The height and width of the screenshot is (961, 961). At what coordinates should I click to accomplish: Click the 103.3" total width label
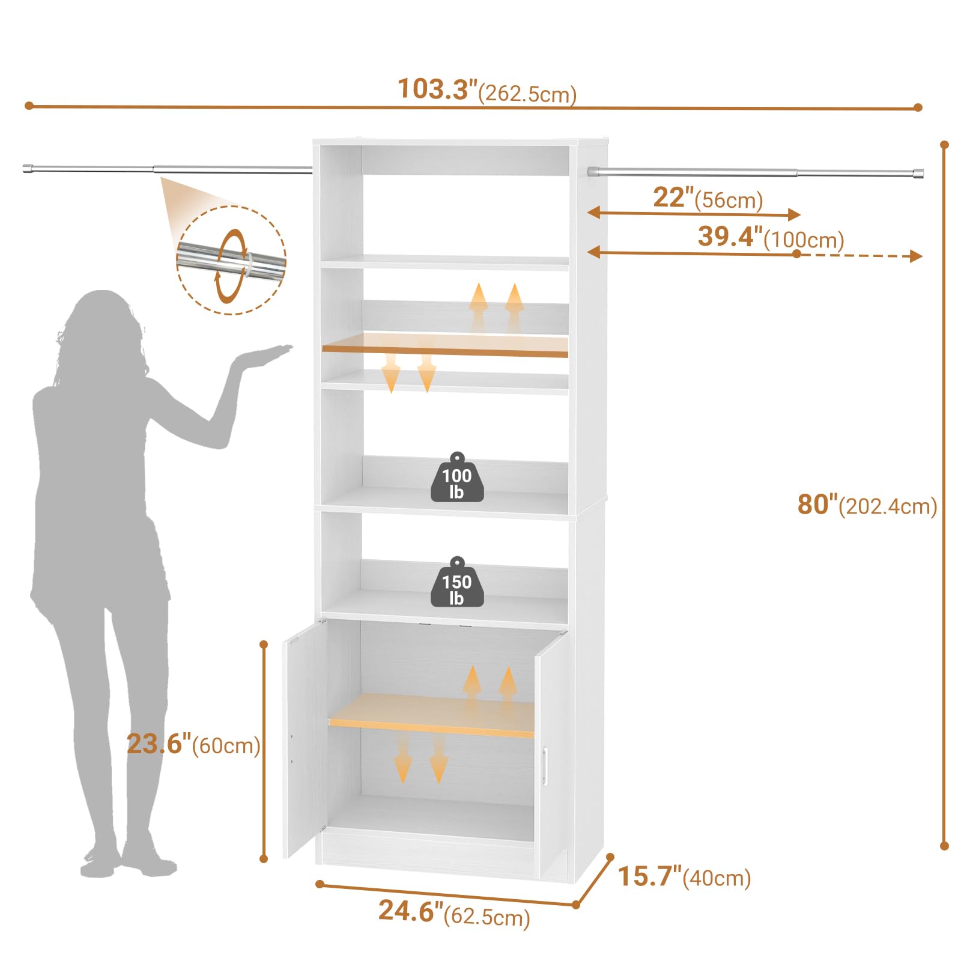click(487, 91)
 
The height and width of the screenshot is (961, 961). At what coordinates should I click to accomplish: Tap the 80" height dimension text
click(867, 505)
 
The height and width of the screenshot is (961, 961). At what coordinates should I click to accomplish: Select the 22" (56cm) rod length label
click(708, 198)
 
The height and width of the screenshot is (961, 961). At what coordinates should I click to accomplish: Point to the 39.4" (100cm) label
click(771, 237)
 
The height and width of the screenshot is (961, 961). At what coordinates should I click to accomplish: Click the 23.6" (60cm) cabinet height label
click(193, 744)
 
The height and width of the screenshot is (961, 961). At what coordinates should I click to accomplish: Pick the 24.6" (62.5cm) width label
click(454, 912)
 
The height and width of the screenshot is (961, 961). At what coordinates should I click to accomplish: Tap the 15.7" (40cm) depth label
click(684, 876)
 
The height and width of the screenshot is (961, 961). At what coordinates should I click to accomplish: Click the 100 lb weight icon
click(457, 477)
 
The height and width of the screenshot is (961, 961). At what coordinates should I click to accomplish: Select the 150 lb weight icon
click(457, 582)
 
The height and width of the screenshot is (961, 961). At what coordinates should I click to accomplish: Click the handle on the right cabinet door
click(545, 766)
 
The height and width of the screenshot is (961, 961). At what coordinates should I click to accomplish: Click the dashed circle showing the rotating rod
click(231, 260)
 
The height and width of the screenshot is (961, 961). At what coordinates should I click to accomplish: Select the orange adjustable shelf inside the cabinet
click(431, 715)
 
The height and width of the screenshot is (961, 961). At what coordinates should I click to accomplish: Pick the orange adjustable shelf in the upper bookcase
click(445, 345)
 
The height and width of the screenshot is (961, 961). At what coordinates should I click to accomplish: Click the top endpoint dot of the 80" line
click(944, 145)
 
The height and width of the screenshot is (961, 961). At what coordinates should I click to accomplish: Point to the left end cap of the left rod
click(27, 168)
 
